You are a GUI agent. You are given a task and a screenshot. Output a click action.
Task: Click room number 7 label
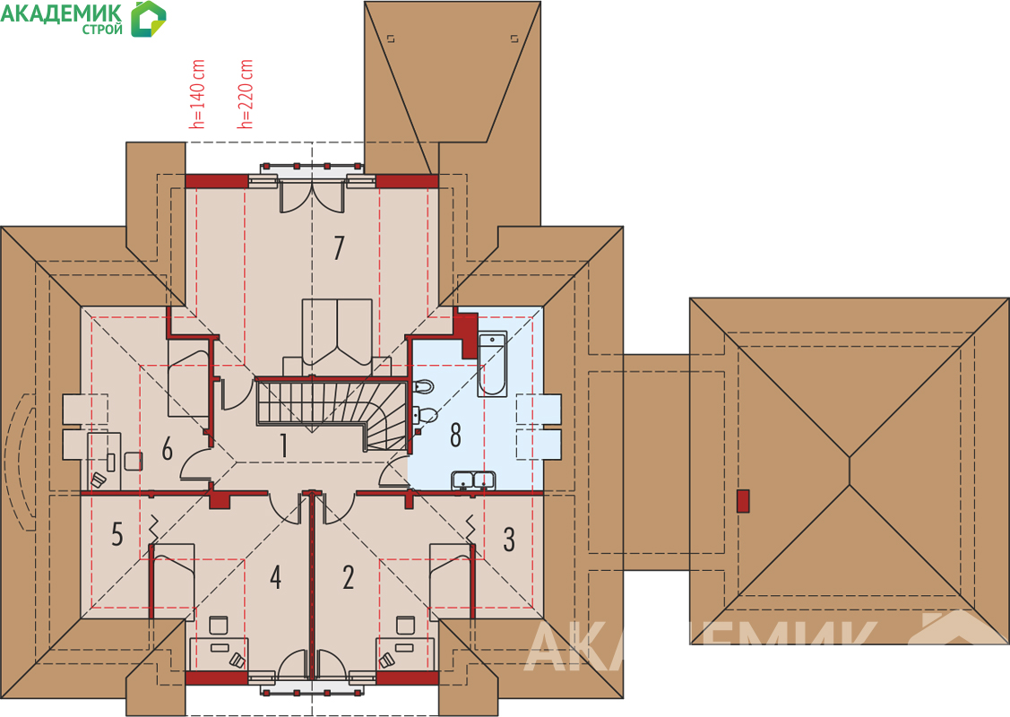point(339,248)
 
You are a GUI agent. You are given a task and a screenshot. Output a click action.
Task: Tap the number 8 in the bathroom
point(455,435)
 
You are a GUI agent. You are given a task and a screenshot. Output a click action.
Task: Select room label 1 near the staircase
point(283,445)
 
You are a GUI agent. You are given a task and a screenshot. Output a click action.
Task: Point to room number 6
point(167,448)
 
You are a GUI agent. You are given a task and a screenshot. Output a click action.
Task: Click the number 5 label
point(117,534)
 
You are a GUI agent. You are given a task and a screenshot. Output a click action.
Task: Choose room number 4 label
point(275,577)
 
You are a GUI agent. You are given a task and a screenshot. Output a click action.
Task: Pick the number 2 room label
point(349,577)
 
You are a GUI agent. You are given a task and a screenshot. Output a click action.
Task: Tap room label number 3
point(509,540)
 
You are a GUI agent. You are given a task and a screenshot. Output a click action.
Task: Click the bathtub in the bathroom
point(492,363)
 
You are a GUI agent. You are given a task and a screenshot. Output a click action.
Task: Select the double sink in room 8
point(474,479)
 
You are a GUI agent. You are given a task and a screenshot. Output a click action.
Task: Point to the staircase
point(332,413)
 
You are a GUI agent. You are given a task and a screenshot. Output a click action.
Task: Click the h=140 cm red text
point(198,94)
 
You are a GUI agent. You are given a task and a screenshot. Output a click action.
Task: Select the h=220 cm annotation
point(246,94)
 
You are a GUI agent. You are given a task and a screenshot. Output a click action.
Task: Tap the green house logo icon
point(148,19)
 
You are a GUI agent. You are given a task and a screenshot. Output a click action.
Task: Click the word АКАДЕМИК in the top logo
point(61,13)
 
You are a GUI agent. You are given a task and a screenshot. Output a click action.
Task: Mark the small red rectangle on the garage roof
point(743,502)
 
